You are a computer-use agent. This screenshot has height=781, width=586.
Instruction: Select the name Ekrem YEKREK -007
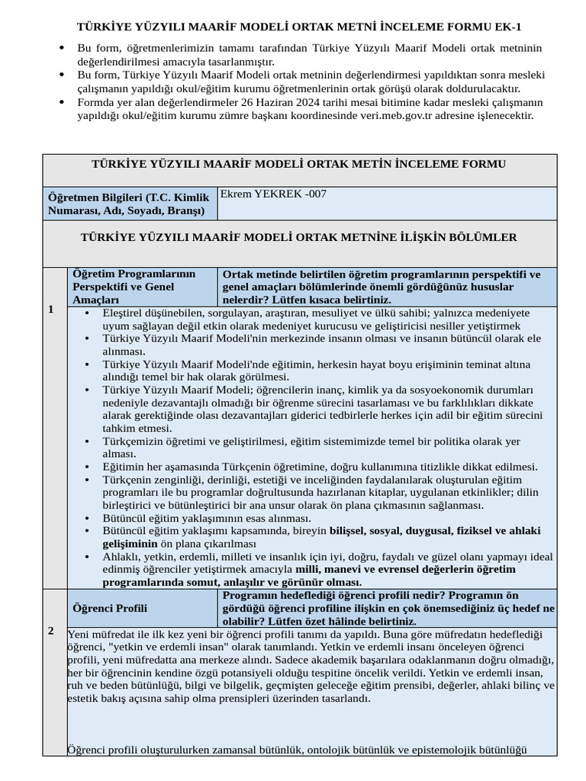(272, 194)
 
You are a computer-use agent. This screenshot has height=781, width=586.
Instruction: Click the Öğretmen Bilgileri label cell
(130, 204)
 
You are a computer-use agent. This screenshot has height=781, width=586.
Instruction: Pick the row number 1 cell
(51, 310)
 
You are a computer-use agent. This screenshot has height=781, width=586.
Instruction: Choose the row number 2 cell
(51, 631)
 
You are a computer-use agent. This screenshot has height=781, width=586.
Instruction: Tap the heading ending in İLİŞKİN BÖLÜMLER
(299, 238)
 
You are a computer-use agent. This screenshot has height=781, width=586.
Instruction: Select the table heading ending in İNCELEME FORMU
(299, 164)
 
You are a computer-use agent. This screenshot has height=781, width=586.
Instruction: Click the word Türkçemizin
(135, 441)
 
